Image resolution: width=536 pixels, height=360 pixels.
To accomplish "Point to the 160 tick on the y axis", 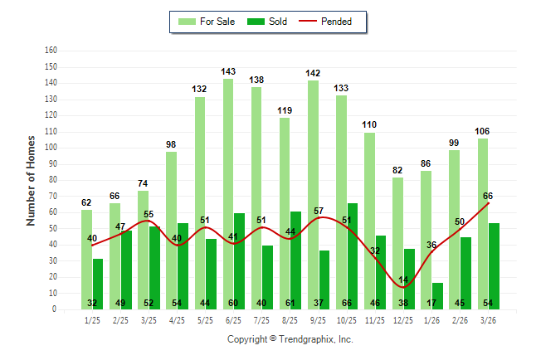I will [51, 50].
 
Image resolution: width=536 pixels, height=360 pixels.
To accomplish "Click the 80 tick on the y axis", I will [52, 179].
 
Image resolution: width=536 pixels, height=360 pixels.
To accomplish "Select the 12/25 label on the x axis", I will [402, 319].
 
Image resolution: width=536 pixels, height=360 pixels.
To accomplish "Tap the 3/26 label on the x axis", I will [488, 319].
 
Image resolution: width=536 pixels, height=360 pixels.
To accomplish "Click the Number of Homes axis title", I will [31, 179].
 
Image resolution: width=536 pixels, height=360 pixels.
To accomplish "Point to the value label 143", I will [228, 72].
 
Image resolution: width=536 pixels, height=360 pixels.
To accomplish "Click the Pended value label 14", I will [402, 280].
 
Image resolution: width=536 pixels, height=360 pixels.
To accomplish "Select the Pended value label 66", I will [488, 196].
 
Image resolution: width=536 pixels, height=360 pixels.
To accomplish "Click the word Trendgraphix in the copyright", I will [306, 339].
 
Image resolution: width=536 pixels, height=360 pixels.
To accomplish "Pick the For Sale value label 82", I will [398, 171].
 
